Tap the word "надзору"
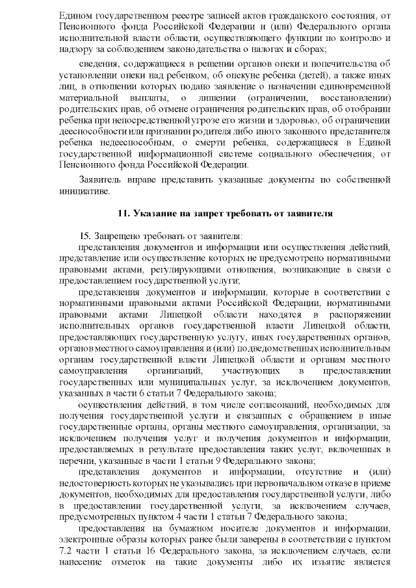[74, 49]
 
